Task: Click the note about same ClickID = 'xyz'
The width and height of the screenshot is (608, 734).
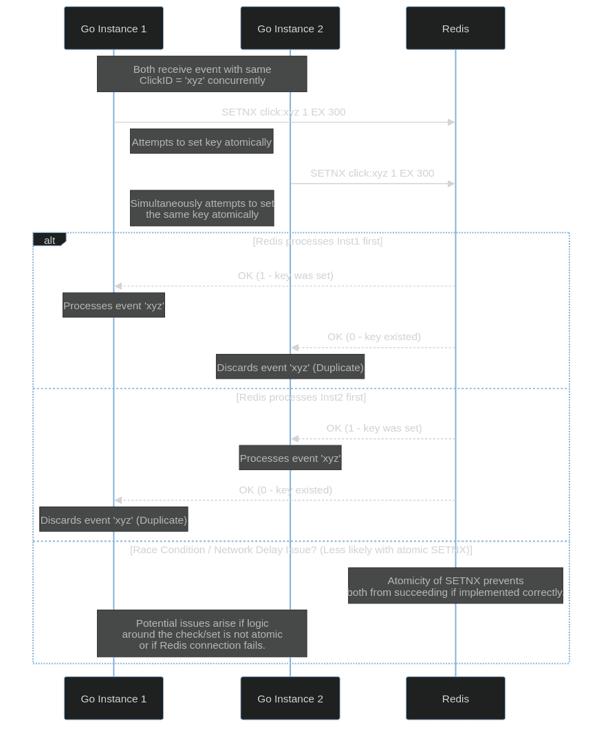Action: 202,74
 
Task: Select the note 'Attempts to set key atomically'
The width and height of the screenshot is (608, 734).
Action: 202,142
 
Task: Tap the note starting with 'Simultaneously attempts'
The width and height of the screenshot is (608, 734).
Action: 202,209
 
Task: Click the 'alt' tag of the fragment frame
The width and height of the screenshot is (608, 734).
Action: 50,241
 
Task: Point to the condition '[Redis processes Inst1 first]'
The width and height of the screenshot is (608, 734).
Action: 318,241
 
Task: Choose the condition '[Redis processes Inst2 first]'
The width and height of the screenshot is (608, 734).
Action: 301,397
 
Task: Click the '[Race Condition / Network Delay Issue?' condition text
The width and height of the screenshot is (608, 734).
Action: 301,550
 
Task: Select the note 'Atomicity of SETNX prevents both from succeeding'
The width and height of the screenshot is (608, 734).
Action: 455,586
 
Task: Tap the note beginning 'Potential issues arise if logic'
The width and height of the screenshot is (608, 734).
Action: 202,634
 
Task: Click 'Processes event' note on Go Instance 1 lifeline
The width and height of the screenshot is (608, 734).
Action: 113,306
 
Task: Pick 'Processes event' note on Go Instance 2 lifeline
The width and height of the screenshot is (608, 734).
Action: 290,458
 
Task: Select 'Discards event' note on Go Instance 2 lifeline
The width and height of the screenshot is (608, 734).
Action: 290,368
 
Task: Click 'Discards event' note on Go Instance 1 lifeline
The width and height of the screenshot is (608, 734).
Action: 113,520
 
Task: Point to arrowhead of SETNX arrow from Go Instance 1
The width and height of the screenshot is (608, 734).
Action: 451,122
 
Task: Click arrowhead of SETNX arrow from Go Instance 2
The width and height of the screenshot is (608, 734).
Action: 451,183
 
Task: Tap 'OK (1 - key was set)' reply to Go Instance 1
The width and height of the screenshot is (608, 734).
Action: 285,276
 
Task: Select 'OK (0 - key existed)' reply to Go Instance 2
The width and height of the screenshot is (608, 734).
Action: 374,337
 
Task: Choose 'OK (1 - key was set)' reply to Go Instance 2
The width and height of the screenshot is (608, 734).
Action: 374,428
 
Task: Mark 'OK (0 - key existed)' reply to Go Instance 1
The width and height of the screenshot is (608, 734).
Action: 285,490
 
